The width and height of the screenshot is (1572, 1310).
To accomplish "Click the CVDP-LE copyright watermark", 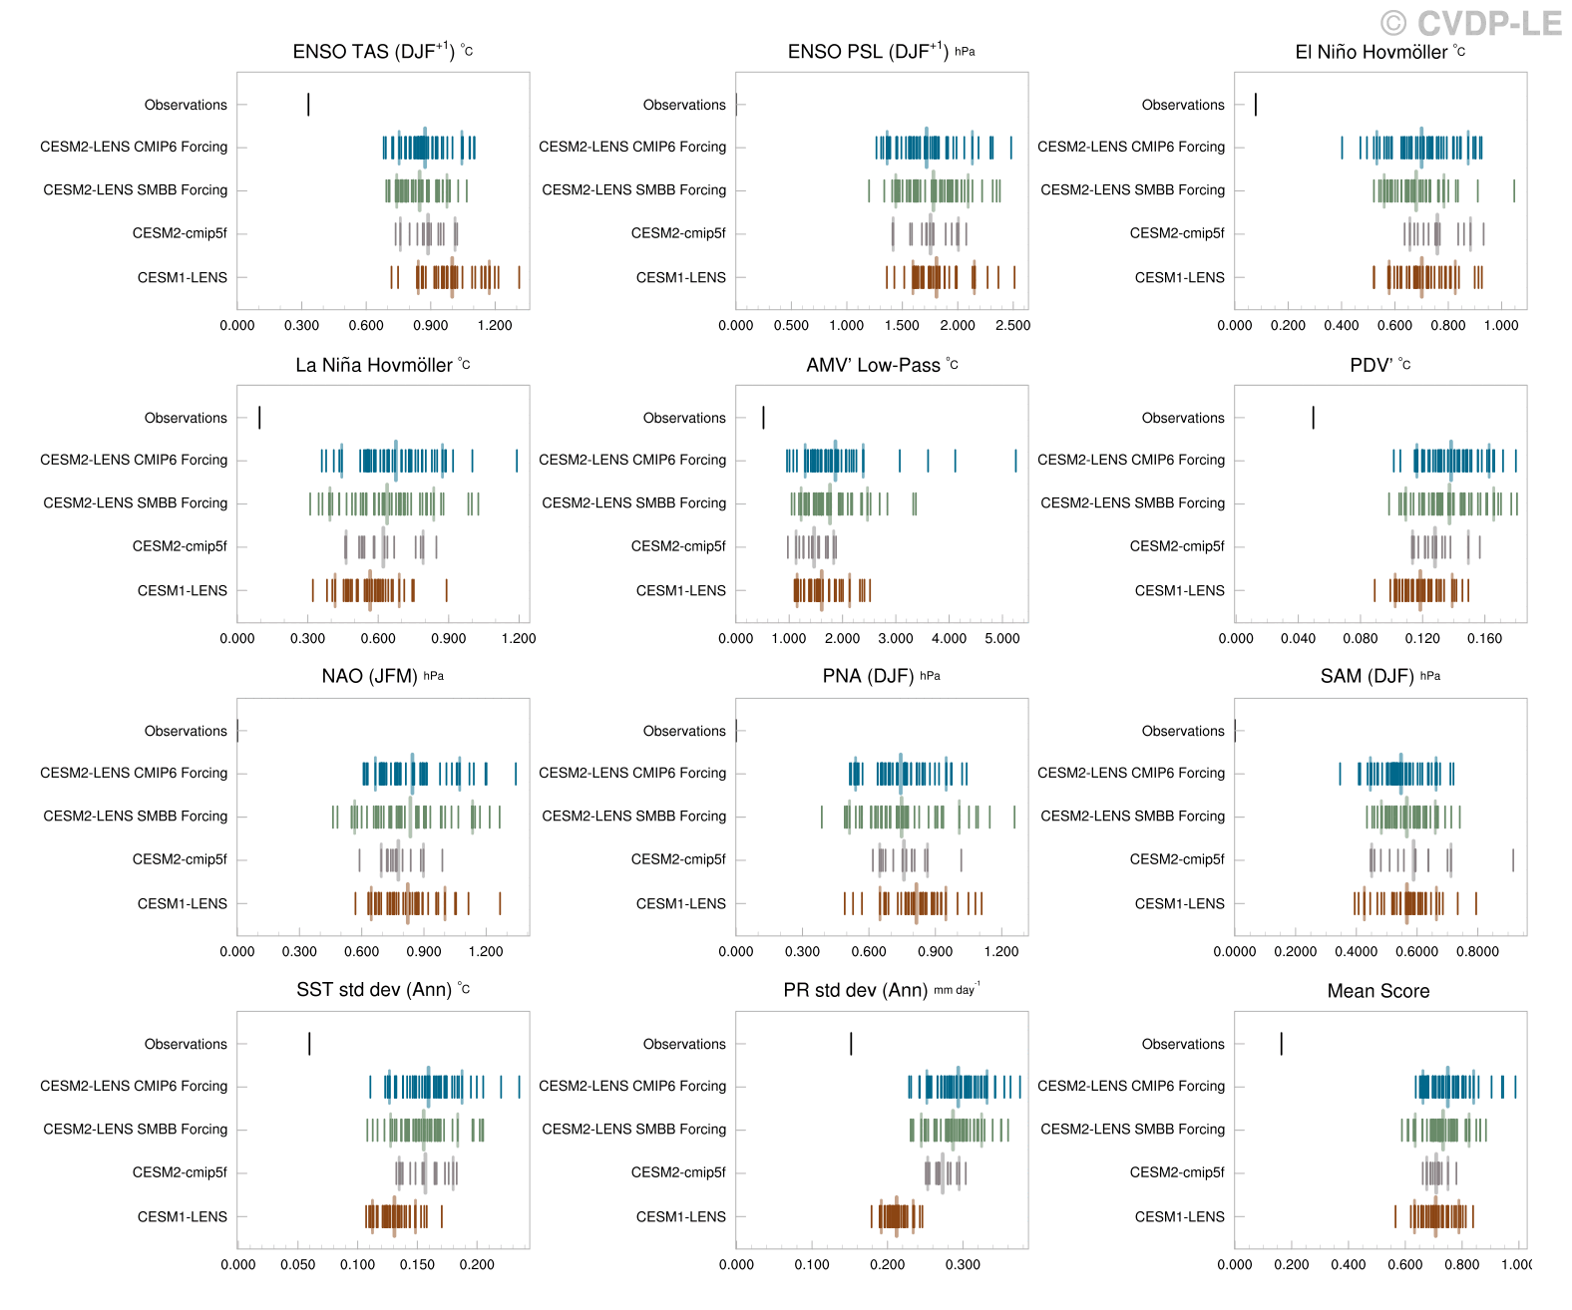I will pyautogui.click(x=1471, y=22).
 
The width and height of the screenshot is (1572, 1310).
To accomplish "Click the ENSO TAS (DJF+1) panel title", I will pyautogui.click(x=383, y=52).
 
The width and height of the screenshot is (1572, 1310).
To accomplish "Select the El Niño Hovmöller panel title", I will pyautogui.click(x=1379, y=52).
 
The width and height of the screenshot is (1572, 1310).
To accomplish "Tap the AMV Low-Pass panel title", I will pyautogui.click(x=882, y=365).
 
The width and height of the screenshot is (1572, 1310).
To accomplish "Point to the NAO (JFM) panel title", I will pyautogui.click(x=382, y=677).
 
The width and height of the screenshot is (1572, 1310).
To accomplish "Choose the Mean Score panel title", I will pyautogui.click(x=1378, y=991).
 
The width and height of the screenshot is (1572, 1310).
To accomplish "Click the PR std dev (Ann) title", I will pyautogui.click(x=882, y=991).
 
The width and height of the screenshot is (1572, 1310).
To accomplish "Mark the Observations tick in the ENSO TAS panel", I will pyautogui.click(x=309, y=105).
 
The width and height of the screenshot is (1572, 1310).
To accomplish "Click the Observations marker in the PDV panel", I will pyautogui.click(x=1313, y=418).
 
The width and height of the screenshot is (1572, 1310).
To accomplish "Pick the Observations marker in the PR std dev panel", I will pyautogui.click(x=851, y=1044).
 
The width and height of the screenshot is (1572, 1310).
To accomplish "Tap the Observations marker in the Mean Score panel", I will pyautogui.click(x=1281, y=1044).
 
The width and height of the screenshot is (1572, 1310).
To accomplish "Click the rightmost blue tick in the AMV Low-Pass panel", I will pyautogui.click(x=1016, y=460).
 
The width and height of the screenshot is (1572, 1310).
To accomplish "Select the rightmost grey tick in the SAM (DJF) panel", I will pyautogui.click(x=1513, y=859).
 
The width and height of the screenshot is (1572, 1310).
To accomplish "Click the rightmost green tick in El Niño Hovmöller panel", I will pyautogui.click(x=1514, y=190).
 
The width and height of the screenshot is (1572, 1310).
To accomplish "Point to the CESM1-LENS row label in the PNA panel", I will pyautogui.click(x=681, y=903).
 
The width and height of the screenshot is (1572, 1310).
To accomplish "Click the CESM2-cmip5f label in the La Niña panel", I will pyautogui.click(x=180, y=546).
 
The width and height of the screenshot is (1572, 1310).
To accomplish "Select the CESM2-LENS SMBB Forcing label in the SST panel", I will pyautogui.click(x=135, y=1130).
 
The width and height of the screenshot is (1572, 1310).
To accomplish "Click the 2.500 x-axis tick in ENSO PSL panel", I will pyautogui.click(x=1012, y=326).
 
